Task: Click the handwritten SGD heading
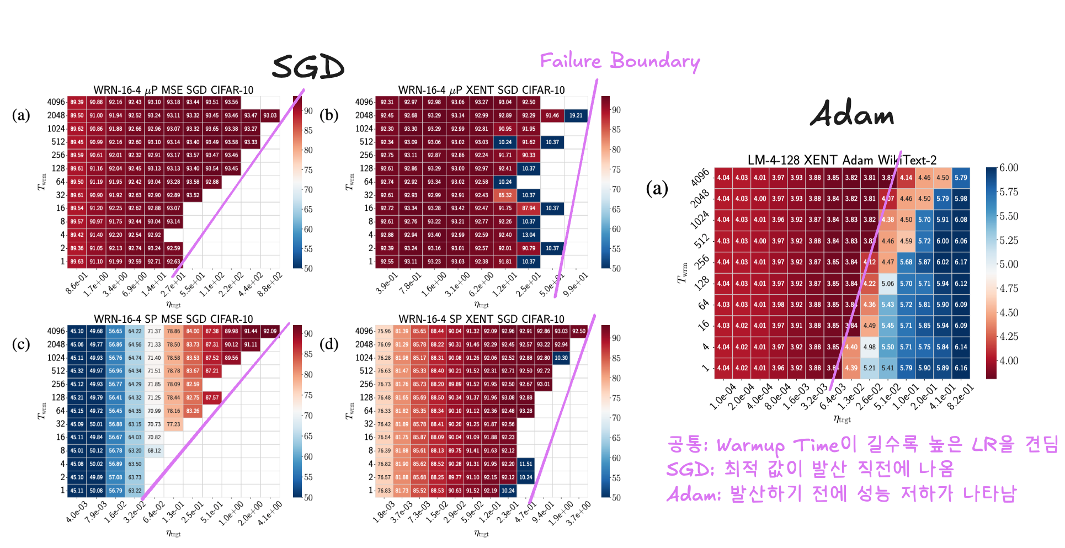click(308, 67)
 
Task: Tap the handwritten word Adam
click(851, 114)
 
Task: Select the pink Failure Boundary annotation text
click(619, 61)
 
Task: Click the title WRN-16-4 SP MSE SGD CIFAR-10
click(173, 319)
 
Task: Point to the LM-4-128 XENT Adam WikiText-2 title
click(842, 160)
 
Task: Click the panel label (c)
click(21, 344)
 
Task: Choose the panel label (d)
click(329, 344)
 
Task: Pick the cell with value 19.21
click(576, 115)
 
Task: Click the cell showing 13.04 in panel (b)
click(529, 235)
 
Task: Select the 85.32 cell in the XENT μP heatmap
click(505, 195)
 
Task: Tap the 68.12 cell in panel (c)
click(154, 450)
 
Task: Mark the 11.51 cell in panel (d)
click(526, 464)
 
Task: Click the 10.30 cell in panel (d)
click(561, 358)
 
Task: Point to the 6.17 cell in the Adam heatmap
click(961, 262)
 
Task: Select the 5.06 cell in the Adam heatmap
click(887, 284)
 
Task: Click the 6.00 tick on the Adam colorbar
click(1008, 168)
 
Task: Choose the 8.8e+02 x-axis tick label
click(270, 285)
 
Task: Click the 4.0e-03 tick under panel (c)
click(77, 513)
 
